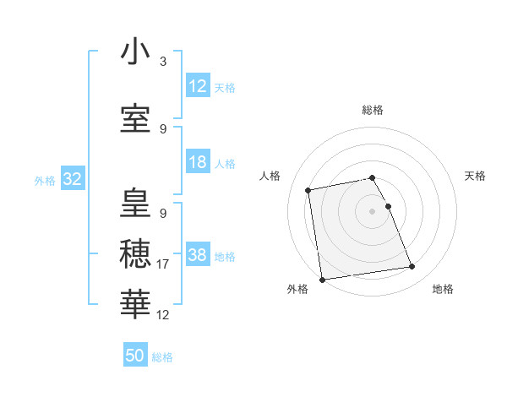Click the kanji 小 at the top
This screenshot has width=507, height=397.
coord(135,52)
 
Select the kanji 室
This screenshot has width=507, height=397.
coord(135,118)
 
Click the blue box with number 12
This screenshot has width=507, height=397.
coord(197,86)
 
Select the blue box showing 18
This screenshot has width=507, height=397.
coord(197,162)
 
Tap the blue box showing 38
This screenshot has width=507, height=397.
coord(197,255)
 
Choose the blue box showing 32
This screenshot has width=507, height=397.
coord(72,179)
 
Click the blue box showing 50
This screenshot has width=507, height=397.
coord(135,356)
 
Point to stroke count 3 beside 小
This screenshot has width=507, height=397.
coord(163,62)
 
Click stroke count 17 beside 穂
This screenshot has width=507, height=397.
coord(163,264)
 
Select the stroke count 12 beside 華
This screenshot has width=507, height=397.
coord(163,315)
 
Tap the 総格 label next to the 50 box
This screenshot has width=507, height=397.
coord(163,357)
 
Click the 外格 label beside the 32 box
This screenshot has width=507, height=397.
coord(45,180)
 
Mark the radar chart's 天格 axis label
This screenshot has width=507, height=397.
coord(476,176)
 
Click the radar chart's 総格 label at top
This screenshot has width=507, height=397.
coord(373,110)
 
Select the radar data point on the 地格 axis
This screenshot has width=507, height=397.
coord(412,267)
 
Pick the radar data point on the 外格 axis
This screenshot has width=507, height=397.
coord(322,280)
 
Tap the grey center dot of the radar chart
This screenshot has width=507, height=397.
coord(373,210)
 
